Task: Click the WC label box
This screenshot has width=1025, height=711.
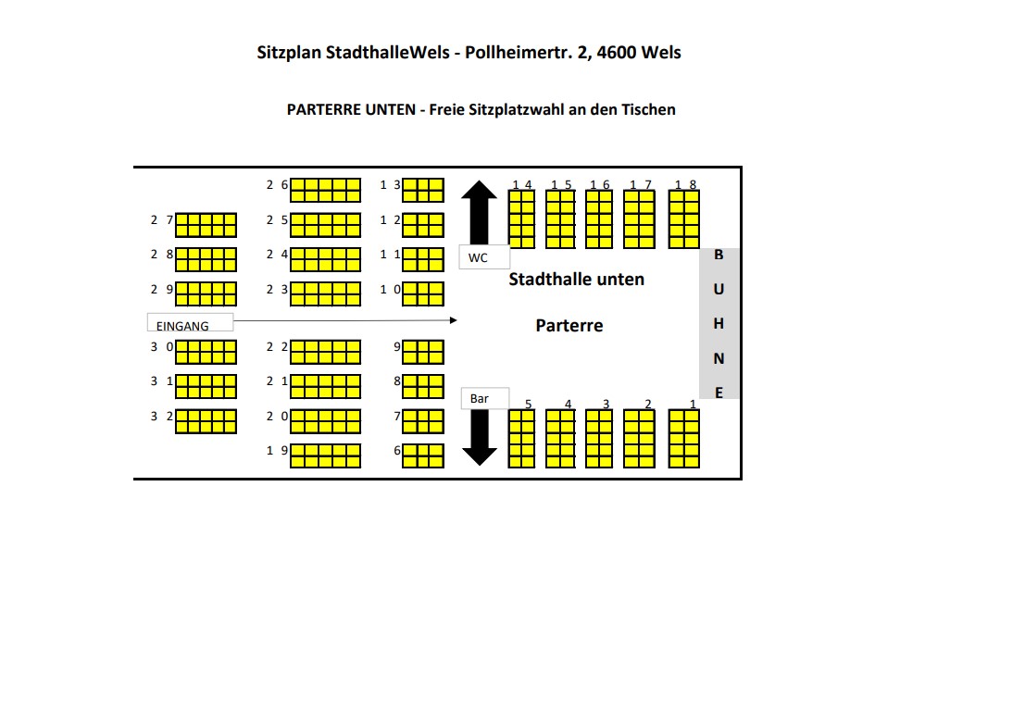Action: tap(483, 256)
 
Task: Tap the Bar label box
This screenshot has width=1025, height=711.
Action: tap(485, 398)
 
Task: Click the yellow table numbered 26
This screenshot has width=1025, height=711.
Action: tap(325, 190)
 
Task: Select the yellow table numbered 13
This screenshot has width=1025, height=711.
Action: tap(423, 190)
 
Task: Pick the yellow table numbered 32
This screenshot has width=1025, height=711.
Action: tap(206, 421)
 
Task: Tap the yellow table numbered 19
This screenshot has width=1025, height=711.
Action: tap(325, 455)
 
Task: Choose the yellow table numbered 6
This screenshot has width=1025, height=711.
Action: tap(423, 455)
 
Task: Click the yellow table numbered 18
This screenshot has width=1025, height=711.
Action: tap(684, 219)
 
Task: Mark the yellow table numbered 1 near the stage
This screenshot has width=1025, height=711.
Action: tap(684, 439)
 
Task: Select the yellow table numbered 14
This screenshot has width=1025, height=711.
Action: tap(522, 219)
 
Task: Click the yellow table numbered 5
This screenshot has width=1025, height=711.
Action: tap(522, 439)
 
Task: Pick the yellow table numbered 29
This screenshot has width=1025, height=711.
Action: tap(206, 293)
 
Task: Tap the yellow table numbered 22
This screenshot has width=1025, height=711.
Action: tap(325, 352)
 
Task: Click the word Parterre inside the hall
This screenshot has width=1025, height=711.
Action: tap(569, 326)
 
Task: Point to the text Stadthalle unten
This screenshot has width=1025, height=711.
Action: tap(576, 279)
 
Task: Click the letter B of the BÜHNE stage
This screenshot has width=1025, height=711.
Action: tap(719, 255)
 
